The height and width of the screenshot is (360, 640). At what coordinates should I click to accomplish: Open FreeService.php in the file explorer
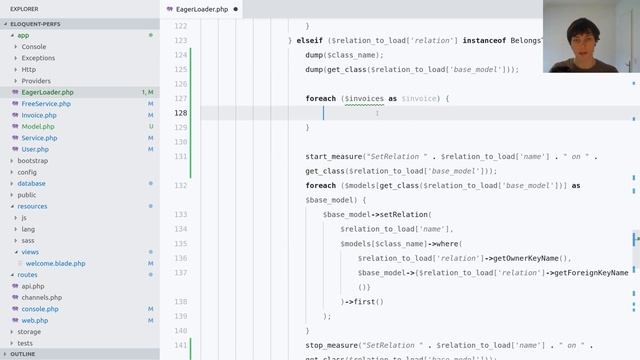point(46,104)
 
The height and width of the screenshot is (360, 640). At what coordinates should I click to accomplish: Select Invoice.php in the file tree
point(39,115)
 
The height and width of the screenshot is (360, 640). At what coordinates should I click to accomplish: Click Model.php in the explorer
point(38,127)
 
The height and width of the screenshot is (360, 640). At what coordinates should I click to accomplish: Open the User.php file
point(35,149)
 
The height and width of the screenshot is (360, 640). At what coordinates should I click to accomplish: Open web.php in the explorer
point(35,320)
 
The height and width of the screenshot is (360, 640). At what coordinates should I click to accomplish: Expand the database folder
point(31,183)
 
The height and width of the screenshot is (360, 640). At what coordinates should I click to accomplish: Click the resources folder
point(32,206)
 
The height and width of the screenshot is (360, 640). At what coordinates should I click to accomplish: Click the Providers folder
point(36,81)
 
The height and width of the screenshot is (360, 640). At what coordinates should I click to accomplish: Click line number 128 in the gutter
point(180,113)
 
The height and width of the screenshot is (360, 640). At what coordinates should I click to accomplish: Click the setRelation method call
point(401,214)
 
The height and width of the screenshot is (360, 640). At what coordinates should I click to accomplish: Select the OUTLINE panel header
point(22,354)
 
